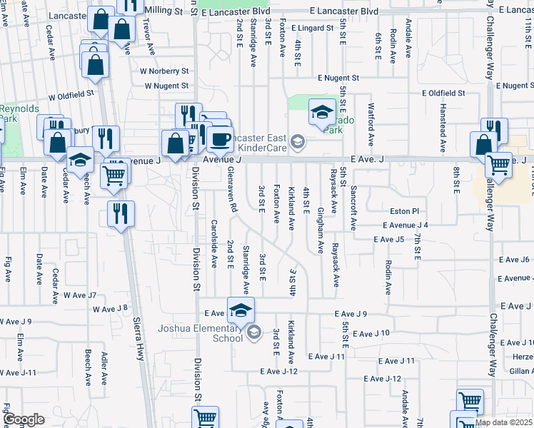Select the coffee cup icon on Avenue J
(221, 138)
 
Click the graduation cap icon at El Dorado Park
(321, 111)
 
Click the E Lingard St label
(312, 28)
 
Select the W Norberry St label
(163, 71)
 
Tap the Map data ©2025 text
(504, 422)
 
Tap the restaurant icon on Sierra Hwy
(119, 213)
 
